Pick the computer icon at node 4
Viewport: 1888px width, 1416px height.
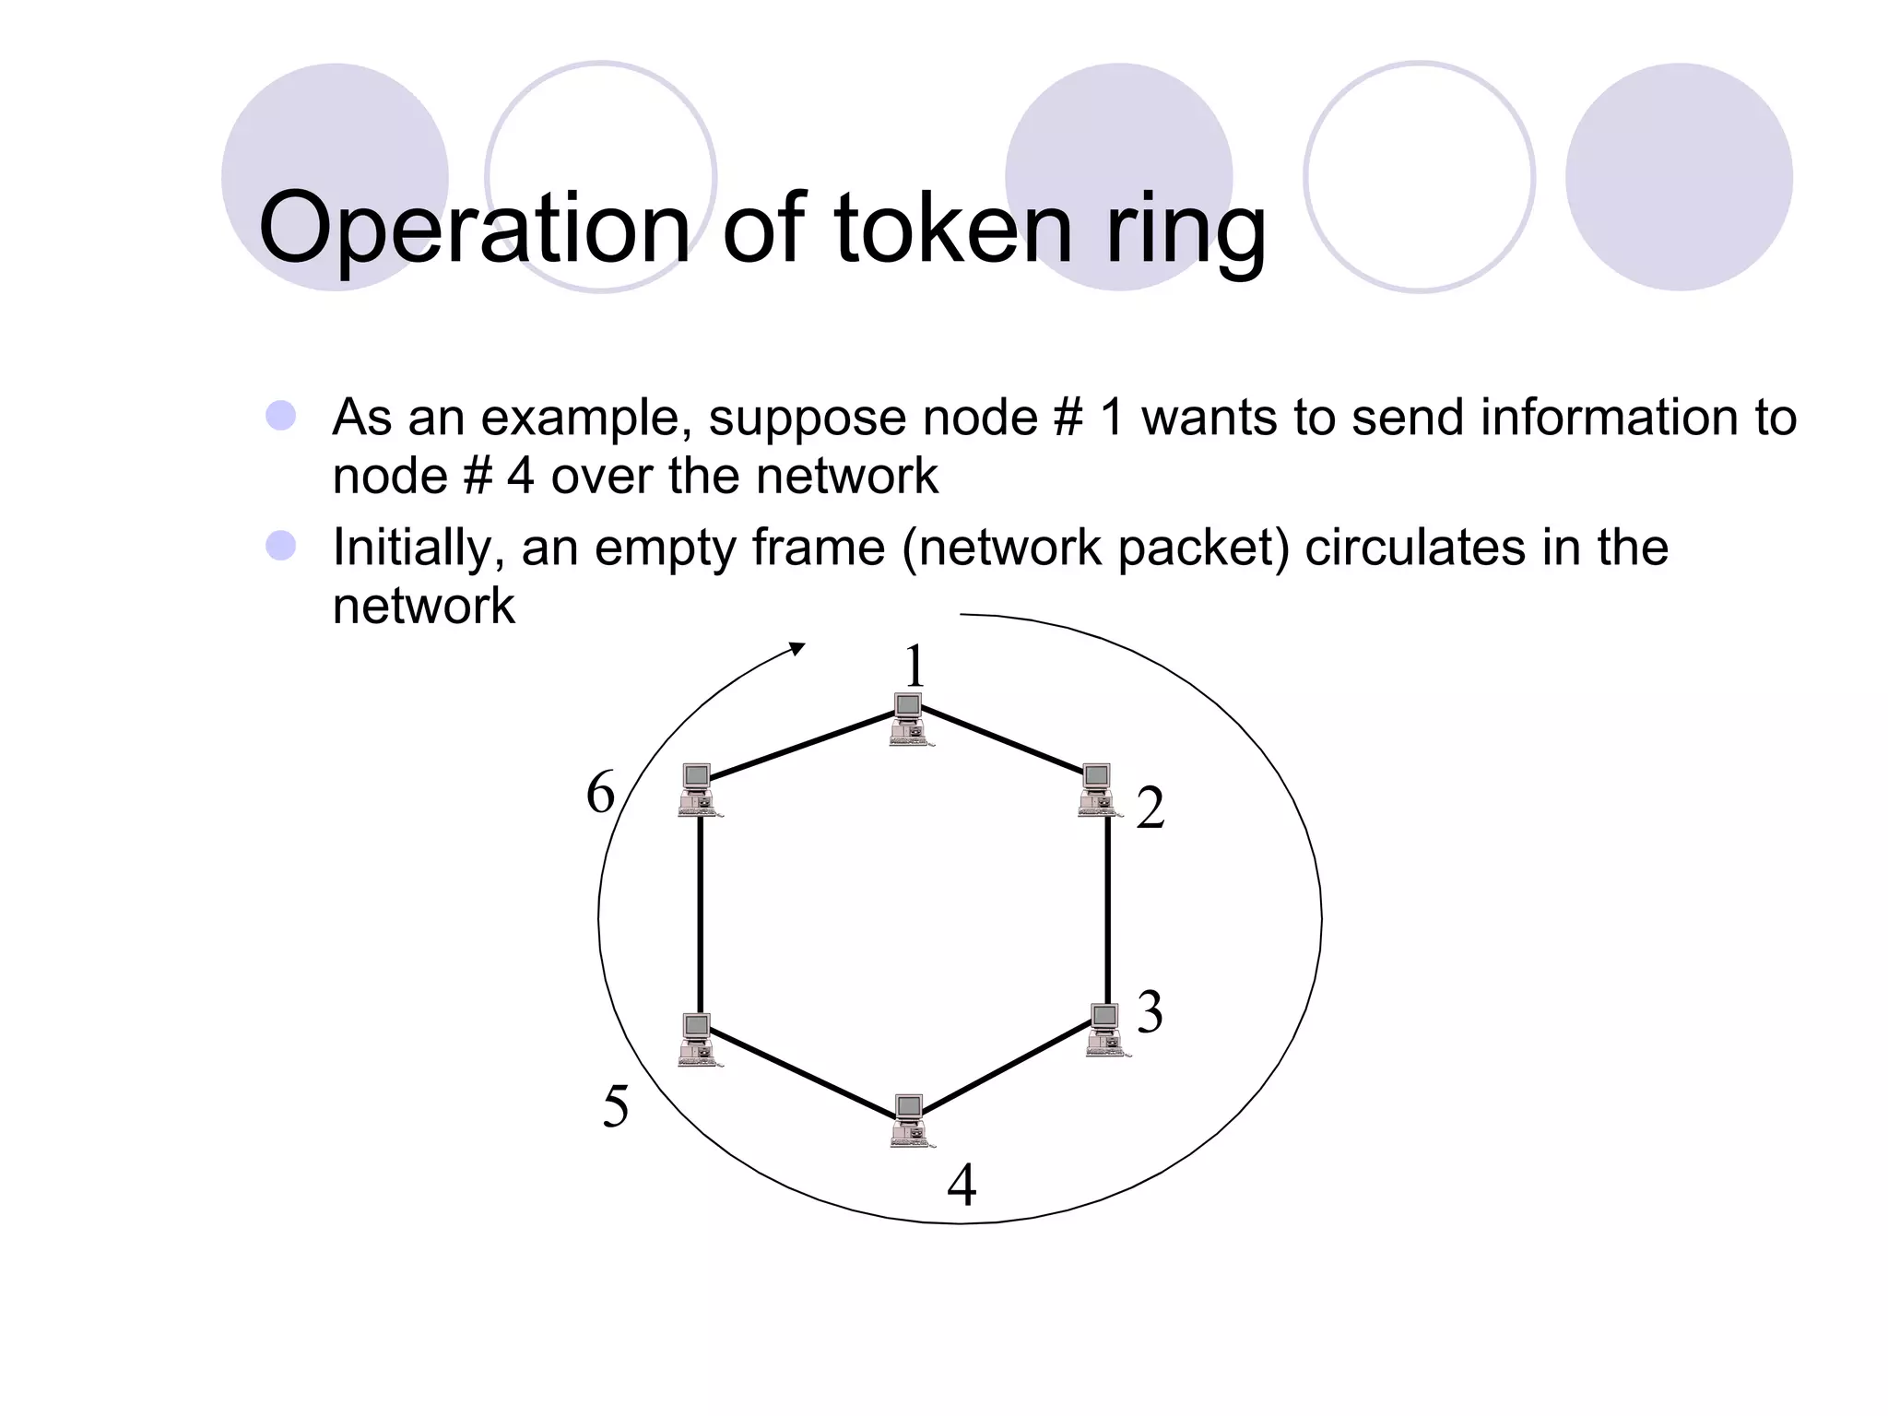911,1120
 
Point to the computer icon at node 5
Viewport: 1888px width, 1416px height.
698,1039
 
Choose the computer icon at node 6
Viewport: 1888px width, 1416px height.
698,789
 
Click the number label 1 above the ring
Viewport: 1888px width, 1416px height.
914,666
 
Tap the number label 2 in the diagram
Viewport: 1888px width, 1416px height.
1150,808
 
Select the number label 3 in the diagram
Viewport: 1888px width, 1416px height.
1150,1012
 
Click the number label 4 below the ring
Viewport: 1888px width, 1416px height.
962,1186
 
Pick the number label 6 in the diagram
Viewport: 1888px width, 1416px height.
600,793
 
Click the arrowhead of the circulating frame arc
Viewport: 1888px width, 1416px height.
797,649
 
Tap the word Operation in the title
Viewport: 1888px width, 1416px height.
474,229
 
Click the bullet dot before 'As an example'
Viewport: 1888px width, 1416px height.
280,416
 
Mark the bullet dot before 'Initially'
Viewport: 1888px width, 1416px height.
280,546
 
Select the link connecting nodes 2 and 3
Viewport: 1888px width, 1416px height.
1107,908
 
